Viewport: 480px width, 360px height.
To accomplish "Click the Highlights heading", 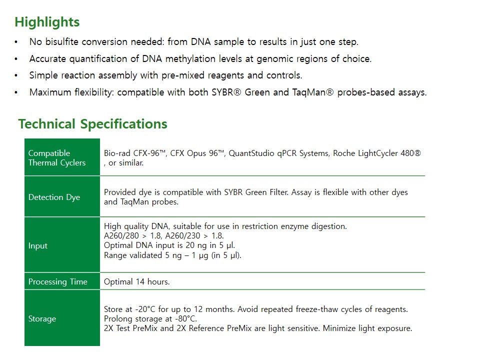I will coord(47,22).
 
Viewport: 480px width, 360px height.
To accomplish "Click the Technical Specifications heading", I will coord(93,124).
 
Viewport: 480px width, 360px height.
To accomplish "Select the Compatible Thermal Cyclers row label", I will coord(57,158).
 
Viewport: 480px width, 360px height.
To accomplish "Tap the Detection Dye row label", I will coord(54,197).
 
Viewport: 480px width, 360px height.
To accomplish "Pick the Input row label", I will coord(38,245).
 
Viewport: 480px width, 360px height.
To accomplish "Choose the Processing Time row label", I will coord(57,281).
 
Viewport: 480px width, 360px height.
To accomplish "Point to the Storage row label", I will coord(42,318).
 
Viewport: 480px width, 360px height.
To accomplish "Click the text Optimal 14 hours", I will coord(136,281).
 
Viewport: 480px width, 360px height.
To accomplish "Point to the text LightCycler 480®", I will coord(389,153).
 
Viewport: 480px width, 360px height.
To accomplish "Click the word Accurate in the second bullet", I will coord(48,59).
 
